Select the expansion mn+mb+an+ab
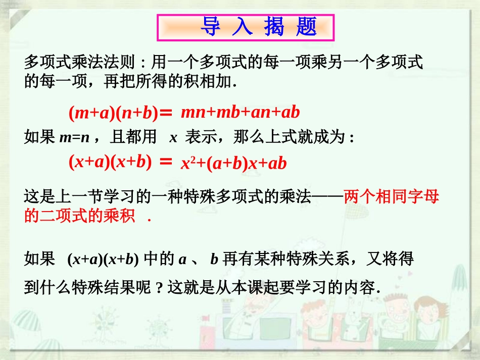[240, 112]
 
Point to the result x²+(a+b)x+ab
[233, 163]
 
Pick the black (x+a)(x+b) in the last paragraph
[103, 260]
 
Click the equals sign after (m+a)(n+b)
[166, 114]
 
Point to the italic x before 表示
[173, 137]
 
